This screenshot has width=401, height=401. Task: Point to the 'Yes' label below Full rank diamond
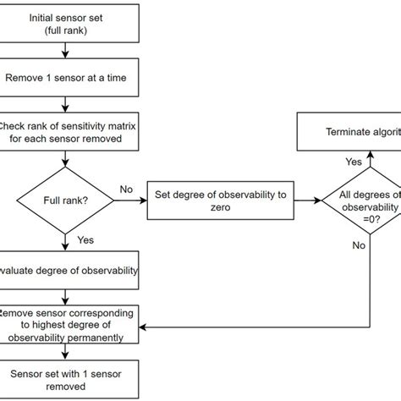click(85, 239)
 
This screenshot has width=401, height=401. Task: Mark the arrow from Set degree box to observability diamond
click(306, 201)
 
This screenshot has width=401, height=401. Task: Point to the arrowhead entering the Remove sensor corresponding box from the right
click(143, 327)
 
